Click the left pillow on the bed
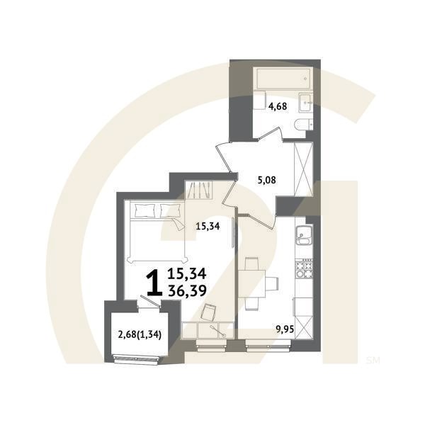point(145,209)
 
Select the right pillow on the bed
point(171,209)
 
